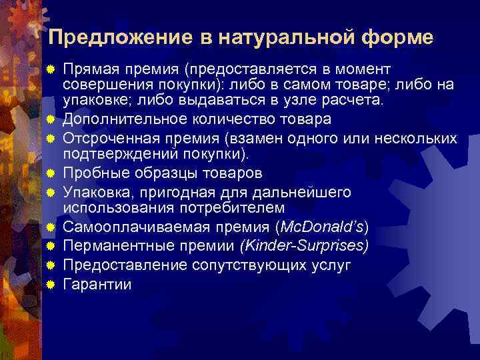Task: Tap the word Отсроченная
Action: coord(106,138)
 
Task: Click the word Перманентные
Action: coord(111,245)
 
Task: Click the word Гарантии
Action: coord(97,284)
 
